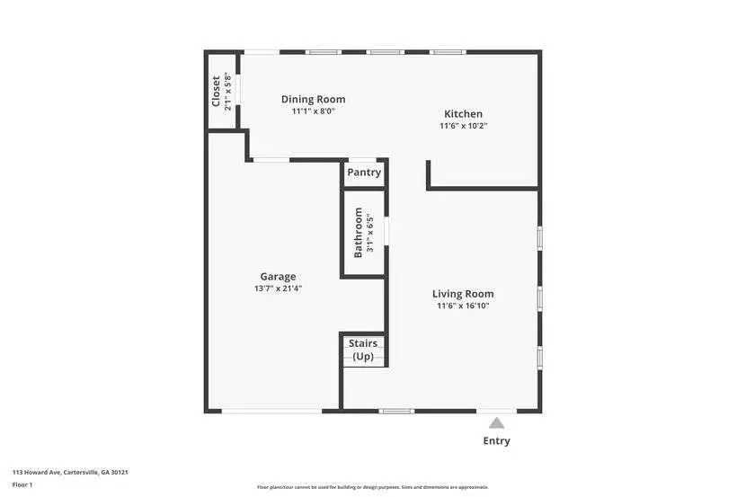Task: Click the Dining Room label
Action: tap(313, 100)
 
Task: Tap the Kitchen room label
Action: tap(463, 114)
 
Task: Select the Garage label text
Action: tap(278, 277)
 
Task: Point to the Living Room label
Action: tap(463, 294)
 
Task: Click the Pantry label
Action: tap(364, 173)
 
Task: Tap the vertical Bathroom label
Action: tap(358, 232)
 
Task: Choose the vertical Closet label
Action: tap(216, 90)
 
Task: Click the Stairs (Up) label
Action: tap(363, 350)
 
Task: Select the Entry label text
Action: tap(496, 441)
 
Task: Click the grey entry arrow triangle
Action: tap(496, 422)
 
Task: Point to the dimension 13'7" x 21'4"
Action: tap(278, 288)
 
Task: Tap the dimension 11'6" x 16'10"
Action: tap(463, 306)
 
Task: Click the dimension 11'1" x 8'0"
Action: tap(313, 111)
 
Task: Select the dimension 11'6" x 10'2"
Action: tap(463, 126)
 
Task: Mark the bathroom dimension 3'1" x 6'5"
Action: tap(369, 232)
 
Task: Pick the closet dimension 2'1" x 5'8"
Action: tap(227, 90)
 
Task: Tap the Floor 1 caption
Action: tap(22, 484)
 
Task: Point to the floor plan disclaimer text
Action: tap(372, 487)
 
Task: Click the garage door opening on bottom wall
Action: tap(271, 412)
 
